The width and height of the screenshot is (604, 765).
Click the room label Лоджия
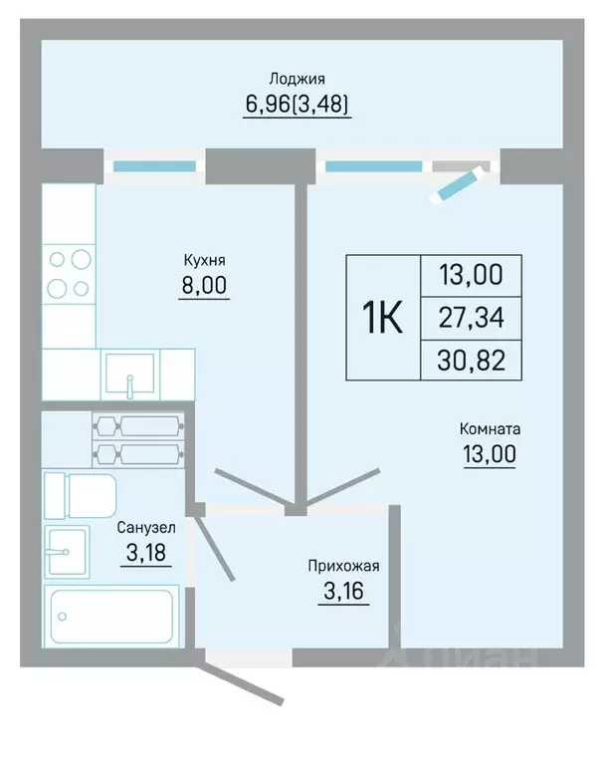[x=297, y=79]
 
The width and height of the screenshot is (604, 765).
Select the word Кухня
[x=204, y=260]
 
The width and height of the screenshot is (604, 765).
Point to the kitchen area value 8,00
[x=204, y=285]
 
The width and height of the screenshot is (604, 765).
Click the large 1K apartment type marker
[x=382, y=317]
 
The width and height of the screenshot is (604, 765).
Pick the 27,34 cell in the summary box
[x=471, y=318]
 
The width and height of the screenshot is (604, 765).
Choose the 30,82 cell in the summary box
[x=471, y=361]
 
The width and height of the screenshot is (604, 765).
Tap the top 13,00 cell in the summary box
[x=471, y=275]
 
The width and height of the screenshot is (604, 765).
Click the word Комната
[x=490, y=429]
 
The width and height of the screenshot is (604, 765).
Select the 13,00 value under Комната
[x=490, y=454]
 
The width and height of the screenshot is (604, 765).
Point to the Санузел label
[x=146, y=527]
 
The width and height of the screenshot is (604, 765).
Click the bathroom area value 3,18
[x=146, y=553]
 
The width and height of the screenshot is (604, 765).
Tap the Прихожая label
[x=343, y=566]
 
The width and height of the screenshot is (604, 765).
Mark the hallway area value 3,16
[x=343, y=592]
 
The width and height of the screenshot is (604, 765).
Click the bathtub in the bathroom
[x=111, y=617]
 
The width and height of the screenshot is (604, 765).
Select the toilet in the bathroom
[x=81, y=496]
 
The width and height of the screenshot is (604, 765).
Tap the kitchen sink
[x=130, y=375]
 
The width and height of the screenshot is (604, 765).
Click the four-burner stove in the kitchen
[x=69, y=274]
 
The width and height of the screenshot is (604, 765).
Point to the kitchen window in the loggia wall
[x=154, y=166]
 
